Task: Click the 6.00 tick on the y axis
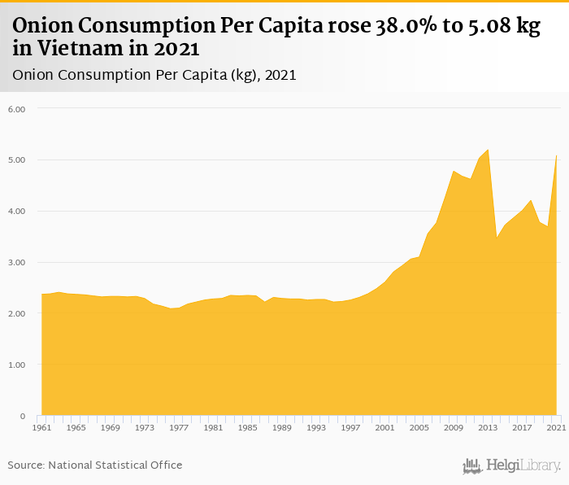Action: [17, 109]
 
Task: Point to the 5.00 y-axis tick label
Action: [17, 160]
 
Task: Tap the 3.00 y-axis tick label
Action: [17, 263]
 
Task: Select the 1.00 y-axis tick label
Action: [17, 365]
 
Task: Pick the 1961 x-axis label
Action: [41, 427]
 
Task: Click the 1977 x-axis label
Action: [178, 427]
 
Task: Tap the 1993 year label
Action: [316, 427]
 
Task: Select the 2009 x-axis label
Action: [453, 427]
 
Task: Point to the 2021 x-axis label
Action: [556, 427]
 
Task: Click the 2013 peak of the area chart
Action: [488, 150]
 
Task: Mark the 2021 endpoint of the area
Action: [556, 155]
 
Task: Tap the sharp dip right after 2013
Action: [497, 237]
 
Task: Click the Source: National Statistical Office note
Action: [95, 465]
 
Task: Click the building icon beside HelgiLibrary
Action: [472, 465]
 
